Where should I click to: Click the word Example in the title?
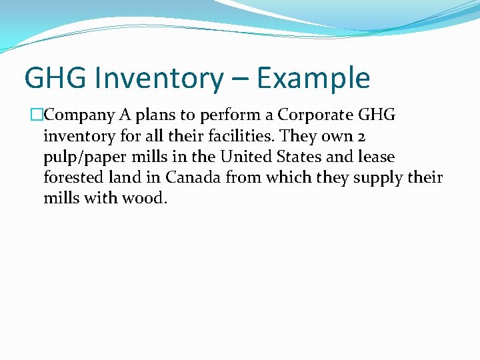313,77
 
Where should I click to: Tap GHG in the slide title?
55,77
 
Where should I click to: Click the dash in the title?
241,79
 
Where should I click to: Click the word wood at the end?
146,198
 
